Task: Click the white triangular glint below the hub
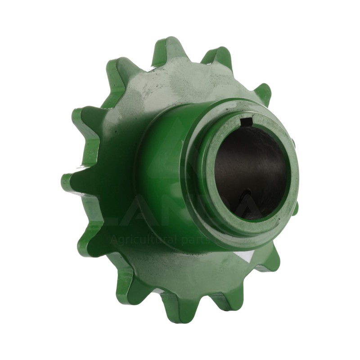[x=245, y=257]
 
